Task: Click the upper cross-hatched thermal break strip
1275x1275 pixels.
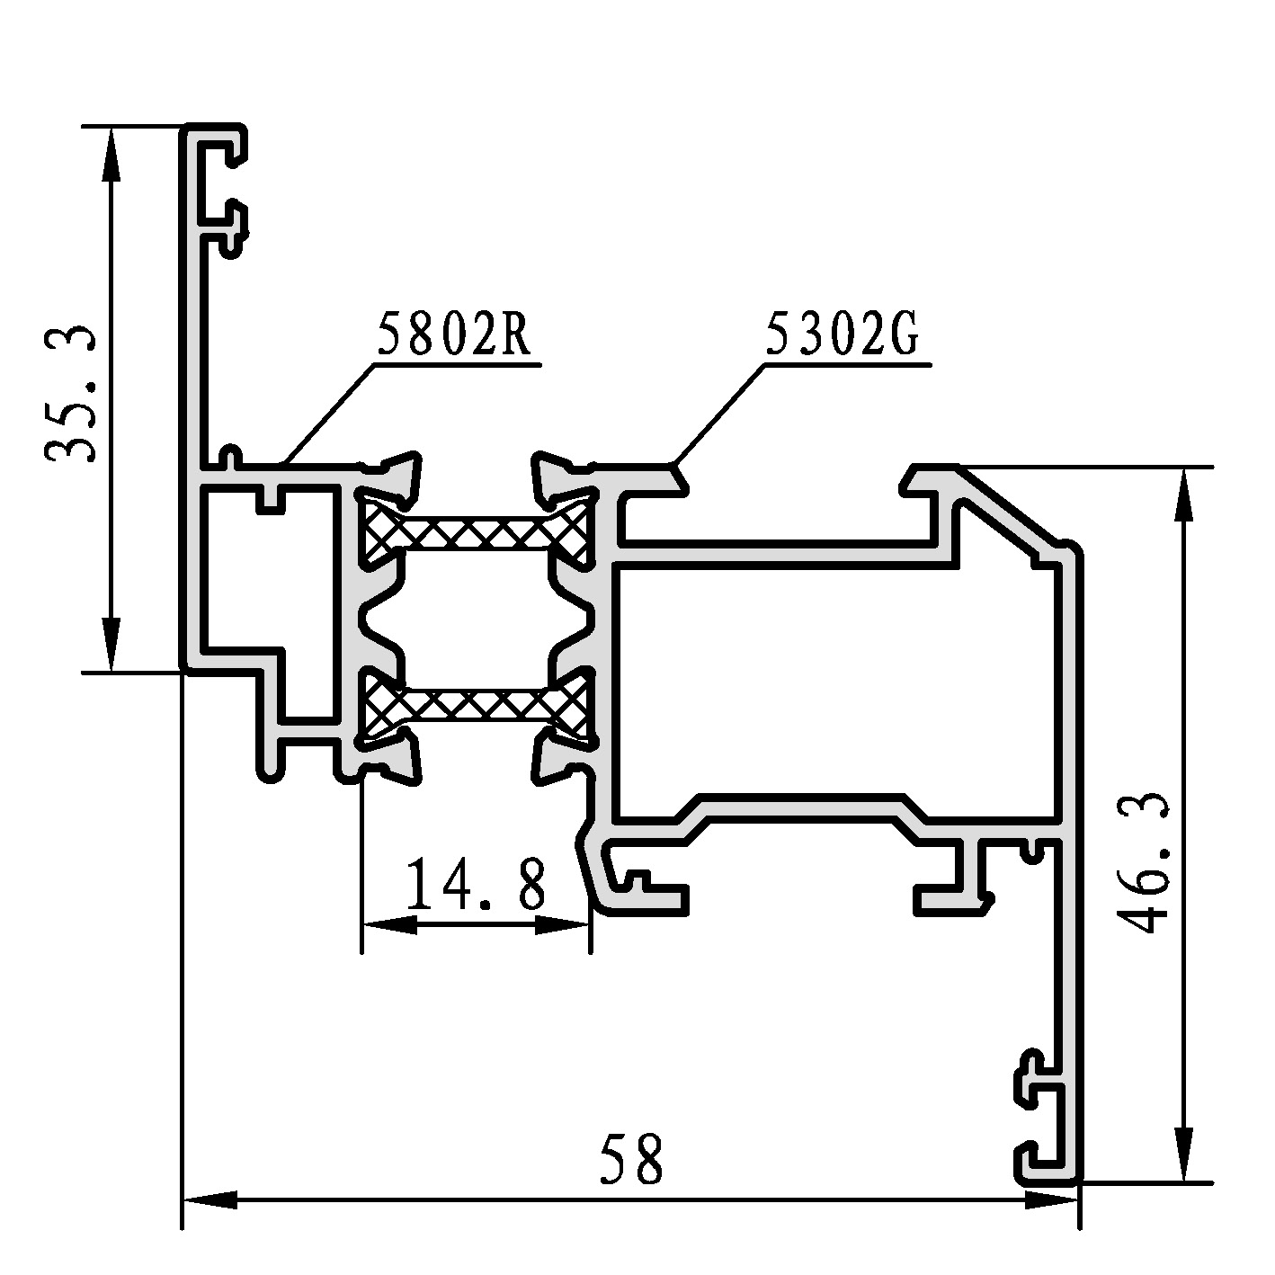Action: click(475, 530)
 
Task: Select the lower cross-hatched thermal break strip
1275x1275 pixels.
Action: click(475, 703)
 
